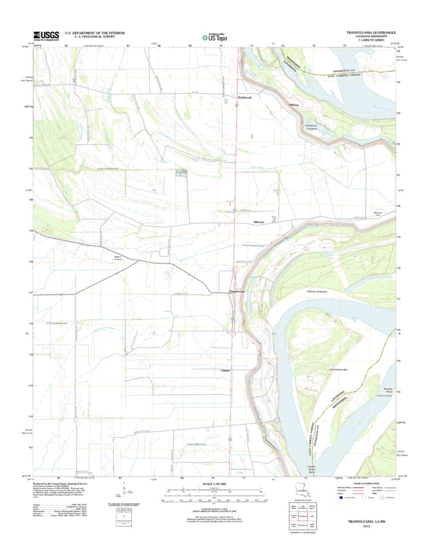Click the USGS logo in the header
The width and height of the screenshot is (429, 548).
[x=46, y=36]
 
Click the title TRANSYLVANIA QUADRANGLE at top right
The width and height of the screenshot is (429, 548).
[x=371, y=33]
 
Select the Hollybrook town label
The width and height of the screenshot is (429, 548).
[x=245, y=97]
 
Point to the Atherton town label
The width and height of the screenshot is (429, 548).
[x=259, y=222]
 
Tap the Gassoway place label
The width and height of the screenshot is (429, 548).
[x=226, y=370]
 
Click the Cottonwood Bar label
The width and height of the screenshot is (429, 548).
[x=341, y=369]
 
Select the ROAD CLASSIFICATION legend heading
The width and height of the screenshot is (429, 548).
[x=366, y=484]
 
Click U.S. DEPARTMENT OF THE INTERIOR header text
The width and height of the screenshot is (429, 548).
[x=94, y=33]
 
